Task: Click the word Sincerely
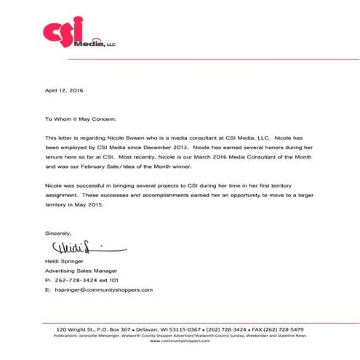point(58,233)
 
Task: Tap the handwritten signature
point(73,248)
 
